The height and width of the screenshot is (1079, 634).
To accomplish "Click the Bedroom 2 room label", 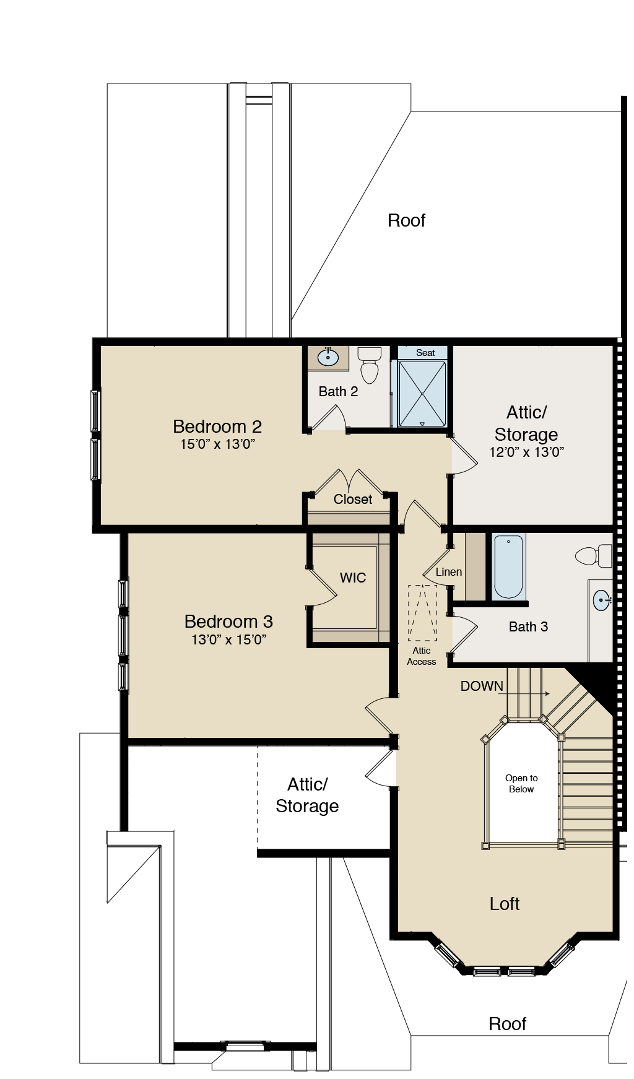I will (217, 427).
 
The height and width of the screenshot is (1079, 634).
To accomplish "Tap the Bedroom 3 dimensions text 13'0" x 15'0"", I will (229, 639).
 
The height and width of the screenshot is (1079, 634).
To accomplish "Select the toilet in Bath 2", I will (370, 366).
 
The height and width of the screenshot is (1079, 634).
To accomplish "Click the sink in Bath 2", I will (328, 357).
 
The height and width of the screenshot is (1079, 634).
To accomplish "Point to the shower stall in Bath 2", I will (422, 394).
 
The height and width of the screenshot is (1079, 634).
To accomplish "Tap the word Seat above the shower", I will (425, 353).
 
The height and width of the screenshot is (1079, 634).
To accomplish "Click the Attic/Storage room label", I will (526, 423).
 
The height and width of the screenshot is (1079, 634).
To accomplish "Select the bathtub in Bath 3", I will (508, 566).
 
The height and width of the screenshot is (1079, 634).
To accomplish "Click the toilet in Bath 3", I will (594, 555).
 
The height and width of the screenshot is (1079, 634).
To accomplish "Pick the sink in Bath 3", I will (601, 599).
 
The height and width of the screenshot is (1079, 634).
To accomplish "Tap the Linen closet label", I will (449, 572).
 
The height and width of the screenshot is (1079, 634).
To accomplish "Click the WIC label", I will (353, 578).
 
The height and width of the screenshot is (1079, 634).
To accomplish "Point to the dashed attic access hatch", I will (422, 613).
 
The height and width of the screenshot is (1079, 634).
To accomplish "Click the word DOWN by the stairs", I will (482, 686).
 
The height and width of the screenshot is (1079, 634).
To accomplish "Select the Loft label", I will (505, 904).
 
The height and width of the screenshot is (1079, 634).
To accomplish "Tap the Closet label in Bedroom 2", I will (353, 499).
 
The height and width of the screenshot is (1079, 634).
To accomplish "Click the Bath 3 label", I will (528, 626).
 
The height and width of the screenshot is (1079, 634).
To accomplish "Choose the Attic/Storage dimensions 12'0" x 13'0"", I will (526, 452).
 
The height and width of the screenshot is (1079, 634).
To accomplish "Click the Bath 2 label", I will (338, 391).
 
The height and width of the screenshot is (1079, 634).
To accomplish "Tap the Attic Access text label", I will (422, 656).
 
